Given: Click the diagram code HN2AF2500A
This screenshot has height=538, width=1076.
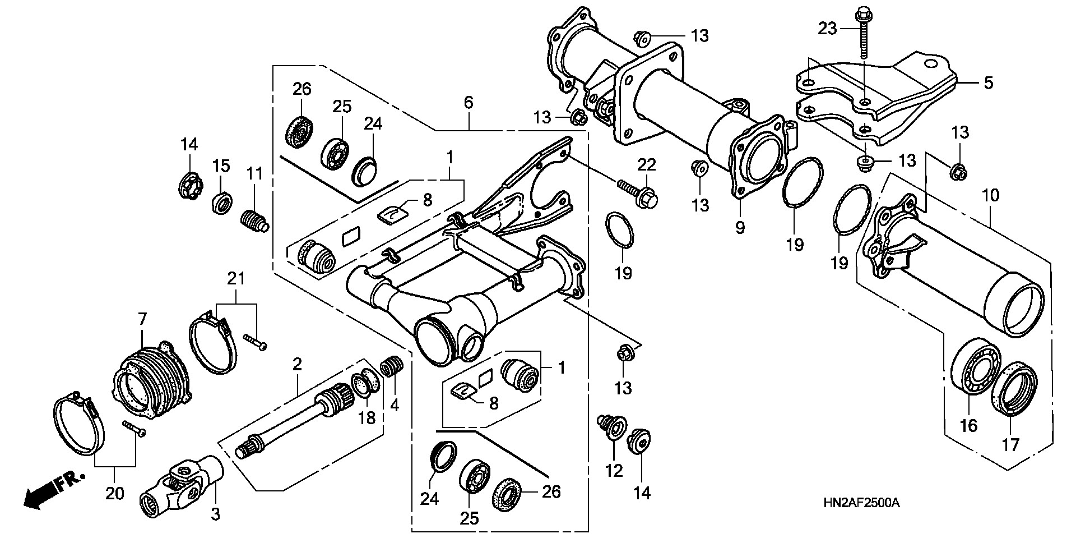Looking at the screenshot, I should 866,503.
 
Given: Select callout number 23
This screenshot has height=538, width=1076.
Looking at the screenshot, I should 827,28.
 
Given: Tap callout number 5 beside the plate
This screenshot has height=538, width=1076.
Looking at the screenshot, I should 988,83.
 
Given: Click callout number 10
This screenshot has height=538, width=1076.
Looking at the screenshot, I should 990,196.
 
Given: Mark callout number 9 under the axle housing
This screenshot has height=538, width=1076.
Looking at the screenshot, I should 740,228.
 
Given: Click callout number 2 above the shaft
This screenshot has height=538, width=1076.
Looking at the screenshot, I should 297,365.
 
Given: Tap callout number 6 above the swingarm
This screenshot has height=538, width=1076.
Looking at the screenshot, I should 469,103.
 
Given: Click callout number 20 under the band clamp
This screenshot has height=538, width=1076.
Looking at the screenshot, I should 115,494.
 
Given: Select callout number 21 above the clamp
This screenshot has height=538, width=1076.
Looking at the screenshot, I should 236,278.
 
